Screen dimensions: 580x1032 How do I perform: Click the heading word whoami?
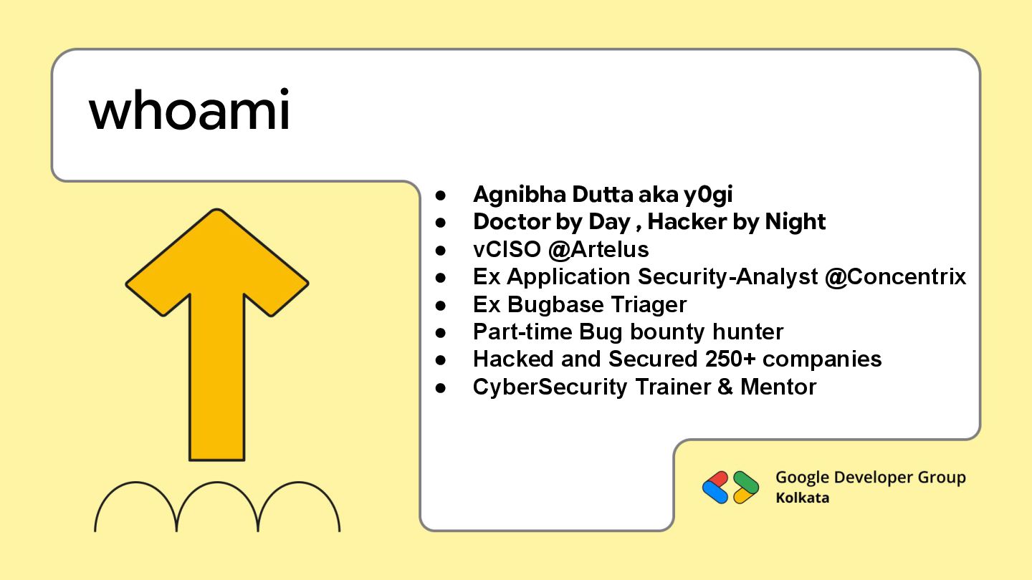pyautogui.click(x=189, y=112)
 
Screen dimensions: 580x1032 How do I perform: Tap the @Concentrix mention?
pyautogui.click(x=895, y=277)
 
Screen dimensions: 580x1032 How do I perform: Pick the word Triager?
pyautogui.click(x=649, y=304)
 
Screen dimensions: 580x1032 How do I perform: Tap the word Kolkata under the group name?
pyautogui.click(x=802, y=498)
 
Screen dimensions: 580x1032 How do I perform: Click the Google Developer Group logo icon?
pyautogui.click(x=730, y=487)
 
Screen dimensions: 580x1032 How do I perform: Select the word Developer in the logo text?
pyautogui.click(x=869, y=478)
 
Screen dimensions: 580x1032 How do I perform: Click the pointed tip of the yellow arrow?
pyautogui.click(x=217, y=211)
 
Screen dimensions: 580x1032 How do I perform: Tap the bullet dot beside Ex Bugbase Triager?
pyautogui.click(x=441, y=305)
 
